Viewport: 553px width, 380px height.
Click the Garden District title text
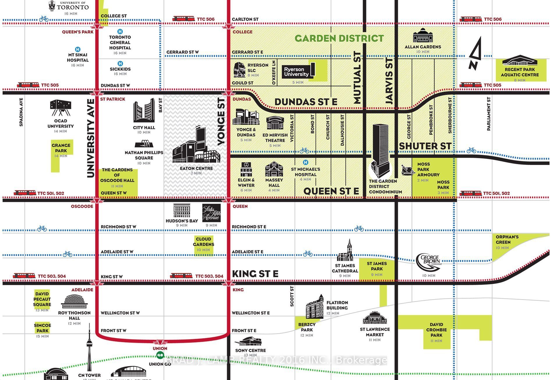(339, 38)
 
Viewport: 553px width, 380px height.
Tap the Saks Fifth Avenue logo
(211, 213)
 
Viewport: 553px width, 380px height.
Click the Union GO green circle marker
(160, 355)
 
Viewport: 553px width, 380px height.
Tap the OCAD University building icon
(61, 108)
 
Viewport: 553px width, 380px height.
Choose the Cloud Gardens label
(203, 242)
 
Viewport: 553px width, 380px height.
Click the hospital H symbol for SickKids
(120, 63)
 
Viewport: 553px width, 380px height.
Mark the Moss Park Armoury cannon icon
(407, 170)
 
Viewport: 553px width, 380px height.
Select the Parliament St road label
(489, 113)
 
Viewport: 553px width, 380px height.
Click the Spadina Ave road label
(21, 112)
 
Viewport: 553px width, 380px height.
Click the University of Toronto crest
(52, 6)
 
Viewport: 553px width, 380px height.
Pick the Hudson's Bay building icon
(182, 211)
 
